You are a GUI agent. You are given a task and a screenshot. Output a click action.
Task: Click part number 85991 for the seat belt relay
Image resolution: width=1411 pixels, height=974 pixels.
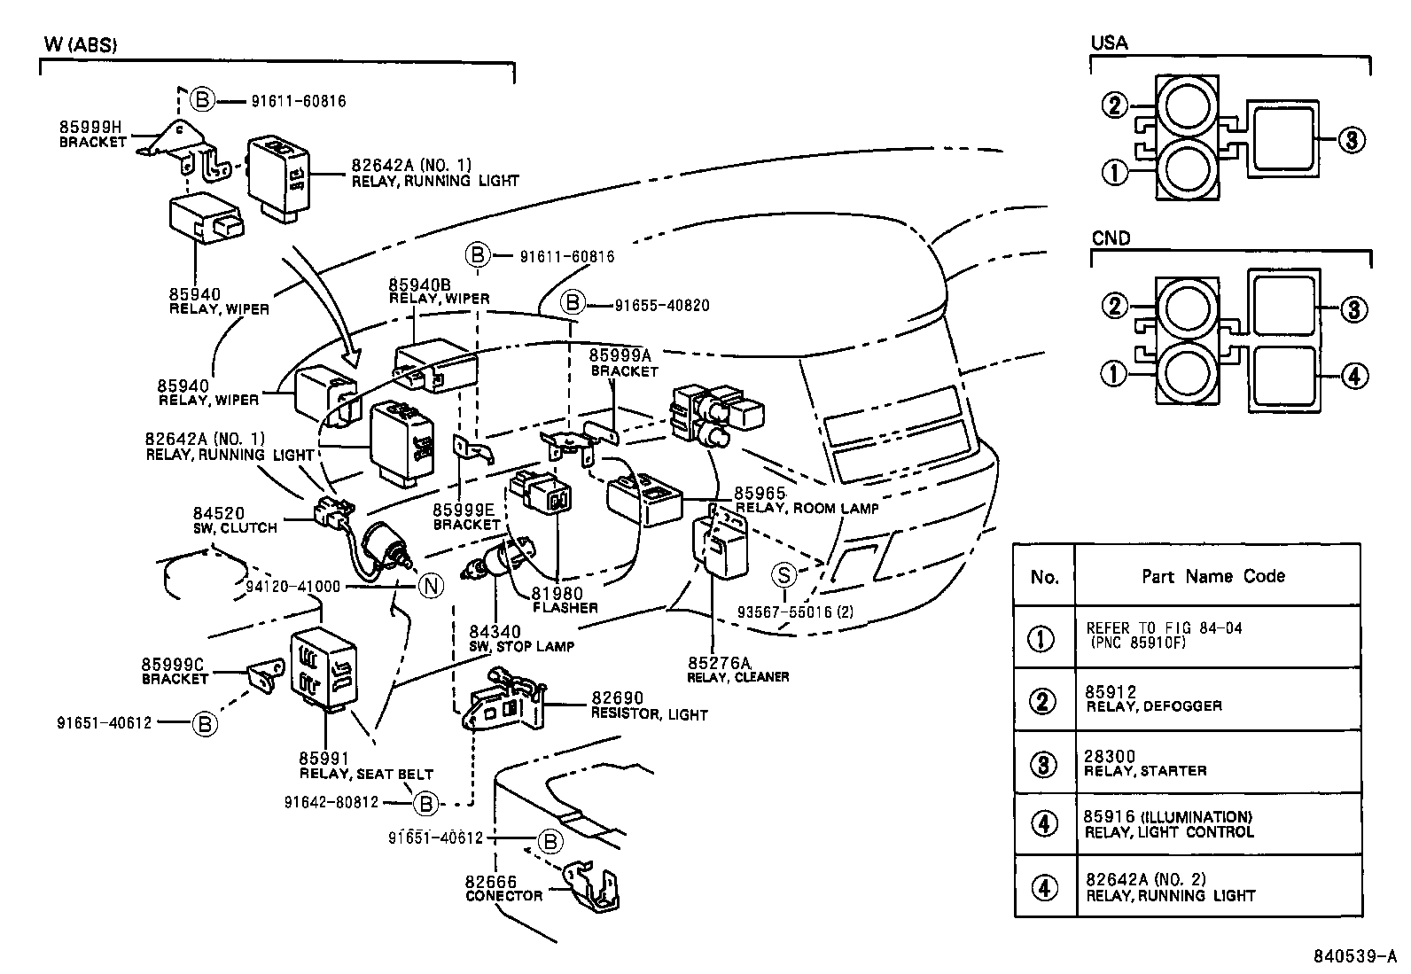tap(324, 759)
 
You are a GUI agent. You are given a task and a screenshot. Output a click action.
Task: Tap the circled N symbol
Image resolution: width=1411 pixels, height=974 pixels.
tap(431, 586)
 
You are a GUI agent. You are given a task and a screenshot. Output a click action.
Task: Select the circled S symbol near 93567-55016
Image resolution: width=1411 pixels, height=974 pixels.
tap(784, 575)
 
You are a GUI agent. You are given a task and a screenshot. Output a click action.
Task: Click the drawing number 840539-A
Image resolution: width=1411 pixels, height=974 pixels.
tap(1354, 957)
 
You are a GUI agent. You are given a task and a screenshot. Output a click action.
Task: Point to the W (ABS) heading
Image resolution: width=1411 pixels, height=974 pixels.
tap(80, 44)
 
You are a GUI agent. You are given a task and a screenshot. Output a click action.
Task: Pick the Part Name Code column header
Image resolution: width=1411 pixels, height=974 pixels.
tap(1212, 576)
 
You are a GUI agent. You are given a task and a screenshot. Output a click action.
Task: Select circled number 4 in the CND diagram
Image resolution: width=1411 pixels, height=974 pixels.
tap(1353, 377)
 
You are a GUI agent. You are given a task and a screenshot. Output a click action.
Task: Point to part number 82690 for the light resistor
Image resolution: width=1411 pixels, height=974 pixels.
tap(618, 698)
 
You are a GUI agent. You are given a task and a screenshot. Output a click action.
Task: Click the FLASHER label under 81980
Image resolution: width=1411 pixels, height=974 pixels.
tap(565, 608)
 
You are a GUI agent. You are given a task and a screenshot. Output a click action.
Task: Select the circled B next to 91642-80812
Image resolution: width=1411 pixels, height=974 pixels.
tap(425, 803)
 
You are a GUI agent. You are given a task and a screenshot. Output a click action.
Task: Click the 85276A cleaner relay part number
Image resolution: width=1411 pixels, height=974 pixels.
tap(718, 662)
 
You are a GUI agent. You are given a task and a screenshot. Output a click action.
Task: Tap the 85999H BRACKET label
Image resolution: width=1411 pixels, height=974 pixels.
tap(92, 134)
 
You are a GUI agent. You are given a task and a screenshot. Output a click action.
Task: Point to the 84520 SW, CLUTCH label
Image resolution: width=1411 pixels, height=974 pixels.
tap(235, 520)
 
